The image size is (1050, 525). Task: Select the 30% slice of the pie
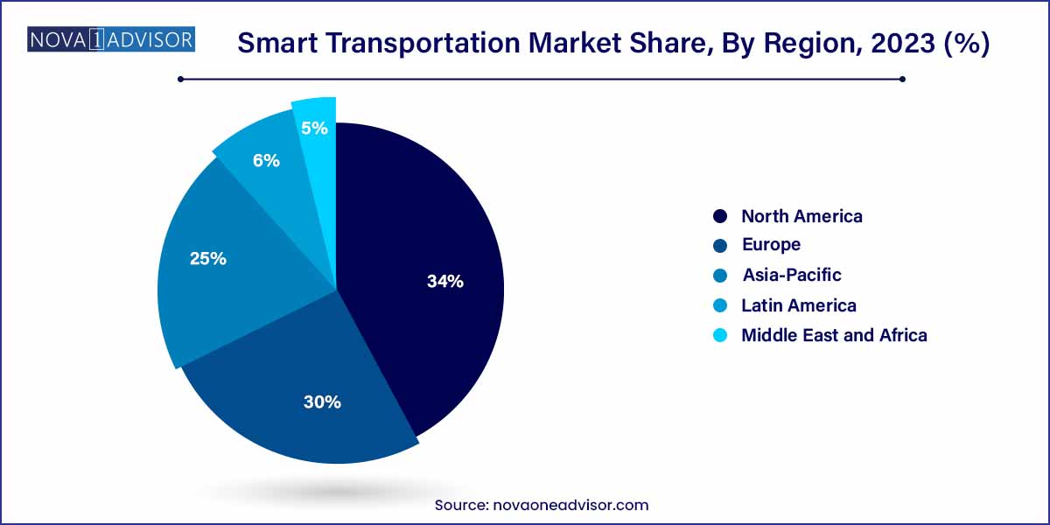point(297,385)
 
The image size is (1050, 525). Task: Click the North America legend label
point(801,216)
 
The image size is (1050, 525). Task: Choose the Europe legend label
point(771,245)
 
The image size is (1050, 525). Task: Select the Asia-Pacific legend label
point(791,275)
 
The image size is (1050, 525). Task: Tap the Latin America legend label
point(798,305)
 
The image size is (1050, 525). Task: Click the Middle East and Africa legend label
point(834,335)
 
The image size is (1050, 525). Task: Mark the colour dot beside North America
point(720,216)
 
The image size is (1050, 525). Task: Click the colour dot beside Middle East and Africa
point(720,335)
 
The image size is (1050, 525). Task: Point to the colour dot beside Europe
point(720,246)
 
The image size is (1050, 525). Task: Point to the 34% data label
point(445,282)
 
